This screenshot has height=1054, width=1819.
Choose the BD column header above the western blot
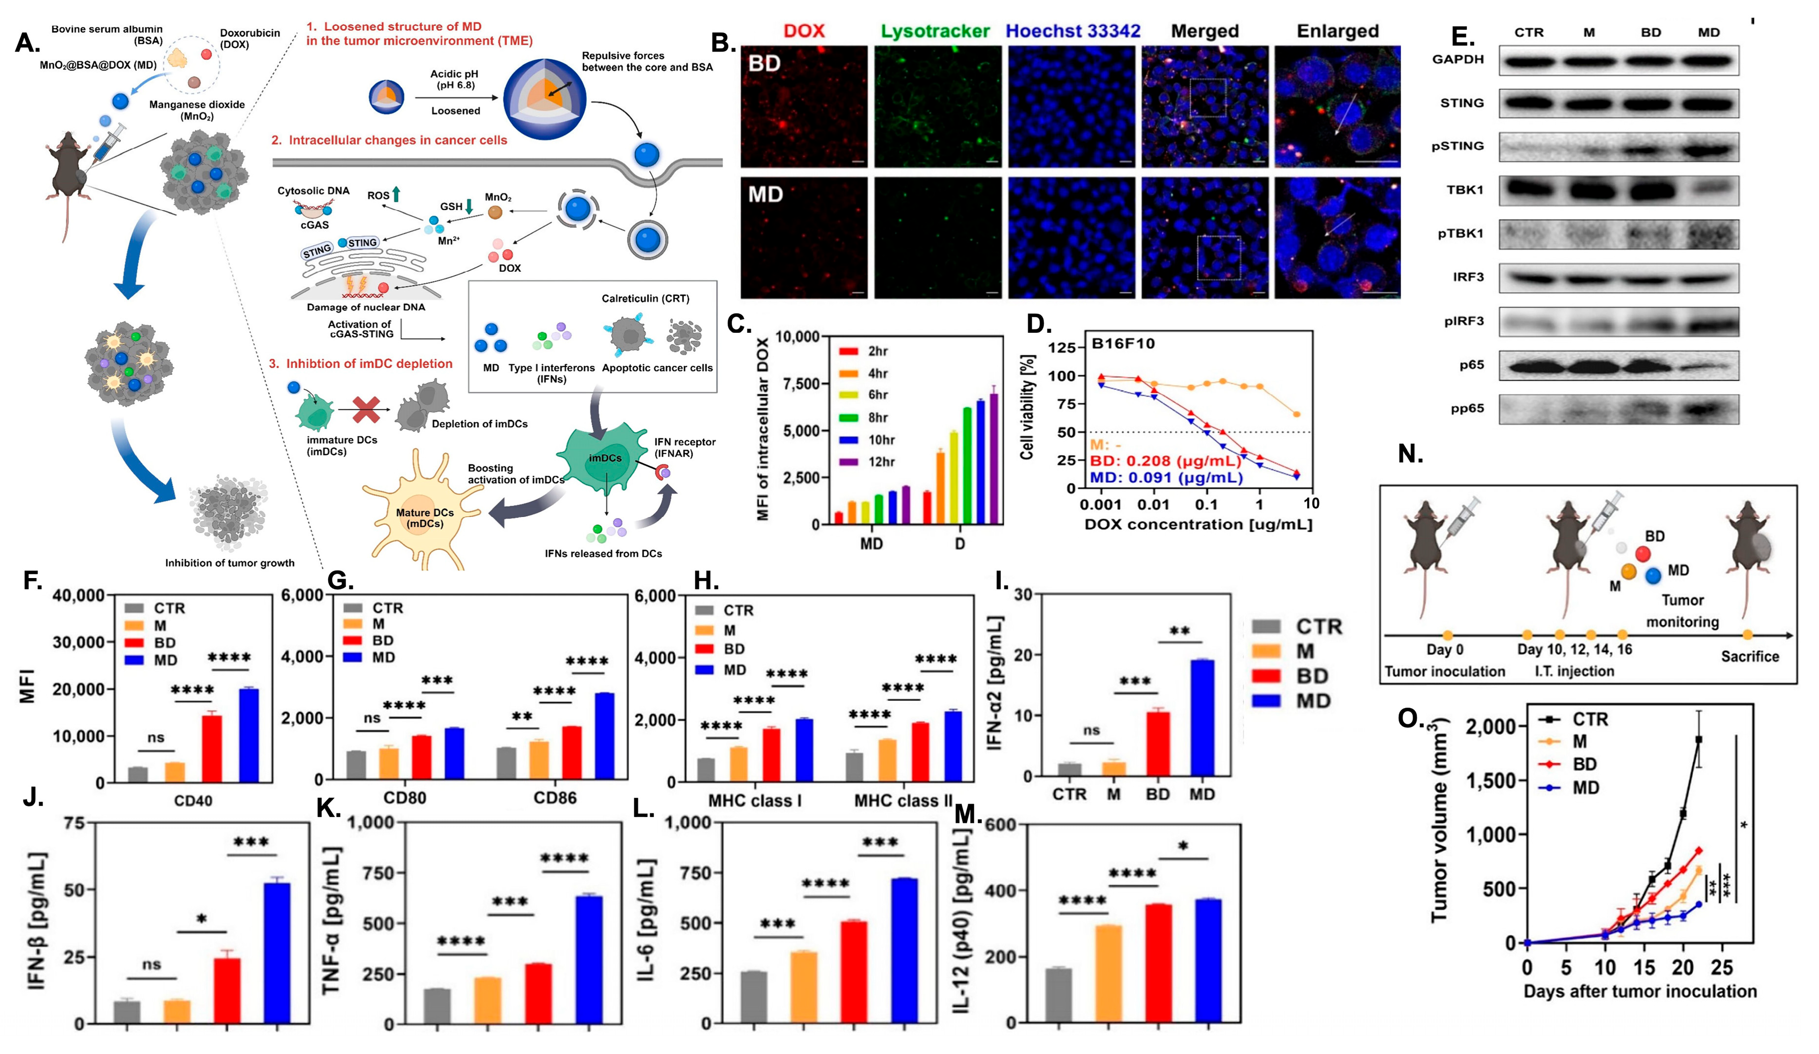tap(1650, 32)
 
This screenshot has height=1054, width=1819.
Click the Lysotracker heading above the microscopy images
tap(935, 31)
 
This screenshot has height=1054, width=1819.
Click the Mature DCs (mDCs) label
tap(424, 517)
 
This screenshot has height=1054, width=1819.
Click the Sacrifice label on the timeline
tap(1749, 657)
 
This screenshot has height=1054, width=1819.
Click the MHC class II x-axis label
tap(902, 801)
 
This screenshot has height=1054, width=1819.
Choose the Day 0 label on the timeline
tap(1444, 649)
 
